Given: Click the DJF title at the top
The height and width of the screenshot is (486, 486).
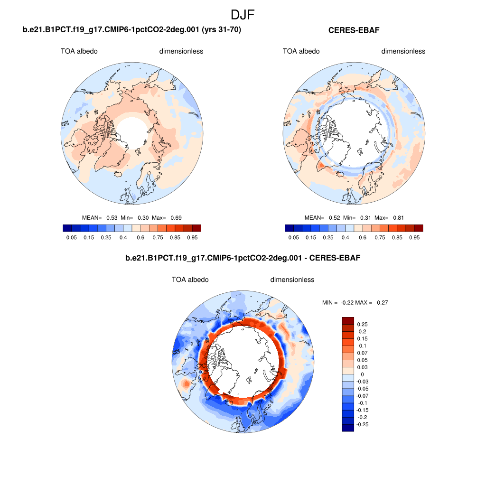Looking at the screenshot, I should tap(243, 15).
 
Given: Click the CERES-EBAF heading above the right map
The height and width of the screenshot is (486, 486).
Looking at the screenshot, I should tap(354, 30).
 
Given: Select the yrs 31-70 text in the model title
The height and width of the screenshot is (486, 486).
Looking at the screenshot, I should tap(221, 30).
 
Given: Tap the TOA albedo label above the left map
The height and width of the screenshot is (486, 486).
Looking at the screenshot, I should tap(79, 51).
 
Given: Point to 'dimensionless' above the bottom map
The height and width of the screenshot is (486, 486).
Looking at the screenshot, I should tap(292, 280).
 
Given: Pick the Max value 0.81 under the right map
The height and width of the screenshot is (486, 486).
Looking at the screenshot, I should tap(398, 218).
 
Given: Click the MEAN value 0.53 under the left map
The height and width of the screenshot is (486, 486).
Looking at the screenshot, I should tap(112, 218).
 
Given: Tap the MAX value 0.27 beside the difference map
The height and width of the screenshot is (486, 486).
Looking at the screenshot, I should tap(382, 302).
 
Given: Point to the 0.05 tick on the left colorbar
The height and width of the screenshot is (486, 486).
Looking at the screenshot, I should tap(72, 237).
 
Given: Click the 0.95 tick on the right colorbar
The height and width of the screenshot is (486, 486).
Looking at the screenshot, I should tap(413, 237).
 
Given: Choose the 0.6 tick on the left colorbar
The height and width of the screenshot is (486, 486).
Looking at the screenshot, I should tap(140, 237).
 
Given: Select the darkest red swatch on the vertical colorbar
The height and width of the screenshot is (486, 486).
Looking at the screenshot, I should tap(348, 321).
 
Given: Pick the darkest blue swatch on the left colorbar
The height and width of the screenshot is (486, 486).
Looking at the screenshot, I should tap(67, 228).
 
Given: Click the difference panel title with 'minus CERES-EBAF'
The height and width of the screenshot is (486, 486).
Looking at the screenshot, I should tap(243, 258).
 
